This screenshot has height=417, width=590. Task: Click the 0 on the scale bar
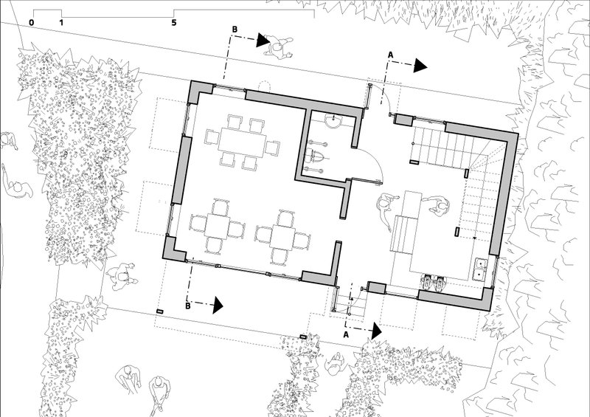click(31, 23)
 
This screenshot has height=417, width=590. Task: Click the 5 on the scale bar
click(174, 23)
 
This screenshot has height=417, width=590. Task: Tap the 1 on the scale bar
click(61, 23)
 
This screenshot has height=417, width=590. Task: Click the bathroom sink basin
click(333, 121)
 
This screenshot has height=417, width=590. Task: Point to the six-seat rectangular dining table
click(242, 142)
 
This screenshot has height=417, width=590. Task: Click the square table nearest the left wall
click(218, 227)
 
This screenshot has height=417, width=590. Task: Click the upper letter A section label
click(391, 55)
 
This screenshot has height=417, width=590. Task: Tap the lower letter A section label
click(346, 334)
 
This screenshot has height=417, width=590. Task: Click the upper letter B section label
click(235, 30)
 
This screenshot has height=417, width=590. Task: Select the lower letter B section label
click(188, 306)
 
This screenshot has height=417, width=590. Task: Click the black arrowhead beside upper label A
click(420, 66)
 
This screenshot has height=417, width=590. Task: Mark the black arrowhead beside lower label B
click(218, 305)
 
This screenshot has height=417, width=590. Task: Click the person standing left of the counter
click(385, 210)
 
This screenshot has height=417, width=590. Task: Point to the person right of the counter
click(439, 206)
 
